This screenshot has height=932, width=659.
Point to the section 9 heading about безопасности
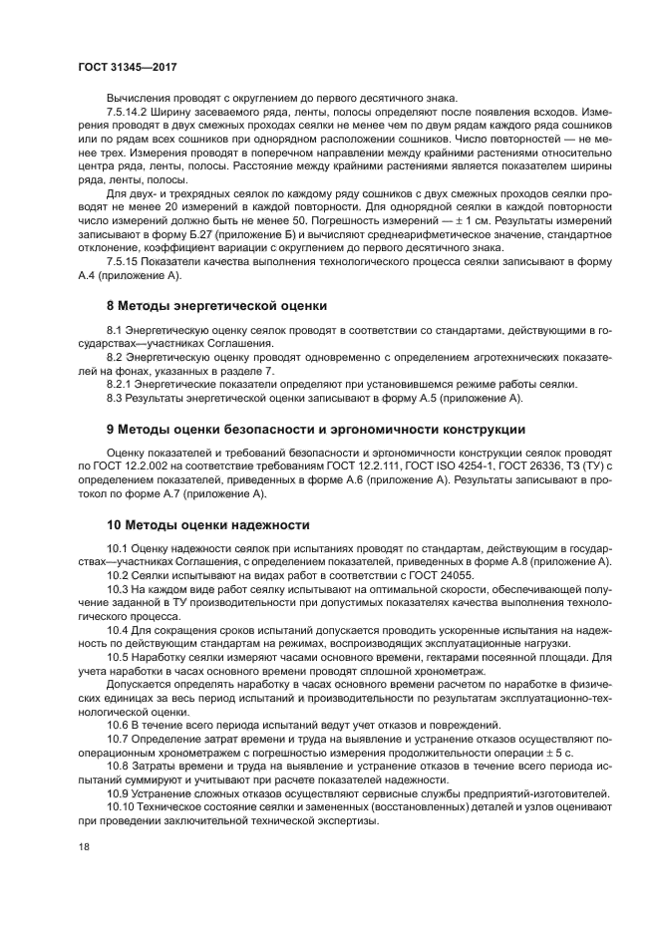pos(316,429)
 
